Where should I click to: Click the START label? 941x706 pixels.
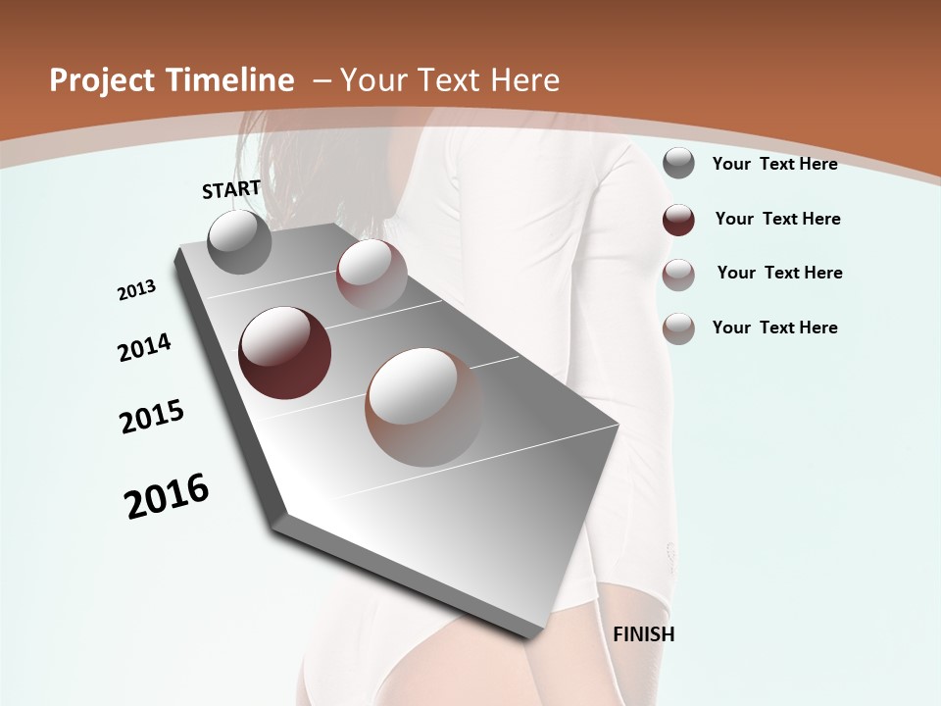[x=231, y=189]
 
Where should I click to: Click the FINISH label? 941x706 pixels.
[x=644, y=634]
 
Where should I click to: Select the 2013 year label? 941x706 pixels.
[x=136, y=290]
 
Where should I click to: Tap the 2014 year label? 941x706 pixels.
[x=144, y=348]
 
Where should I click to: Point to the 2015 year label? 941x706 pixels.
[x=152, y=417]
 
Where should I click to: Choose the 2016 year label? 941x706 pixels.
[x=167, y=496]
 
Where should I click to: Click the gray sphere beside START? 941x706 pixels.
[x=240, y=241]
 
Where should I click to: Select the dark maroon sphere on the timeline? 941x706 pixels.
[x=285, y=353]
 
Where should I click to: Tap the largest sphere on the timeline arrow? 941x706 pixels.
[x=423, y=406]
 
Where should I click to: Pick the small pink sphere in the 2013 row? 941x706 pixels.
[x=371, y=274]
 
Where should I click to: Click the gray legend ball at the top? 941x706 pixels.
[x=678, y=164]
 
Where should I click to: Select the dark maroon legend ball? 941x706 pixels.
[x=678, y=220]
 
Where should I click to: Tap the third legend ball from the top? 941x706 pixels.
[x=678, y=275]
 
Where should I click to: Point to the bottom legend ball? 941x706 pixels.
[x=678, y=328]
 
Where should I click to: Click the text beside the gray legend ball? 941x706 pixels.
[x=774, y=165]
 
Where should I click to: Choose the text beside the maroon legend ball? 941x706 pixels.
[x=777, y=220]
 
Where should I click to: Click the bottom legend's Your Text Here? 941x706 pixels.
[x=774, y=328]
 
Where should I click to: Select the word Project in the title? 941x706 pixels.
[x=98, y=80]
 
